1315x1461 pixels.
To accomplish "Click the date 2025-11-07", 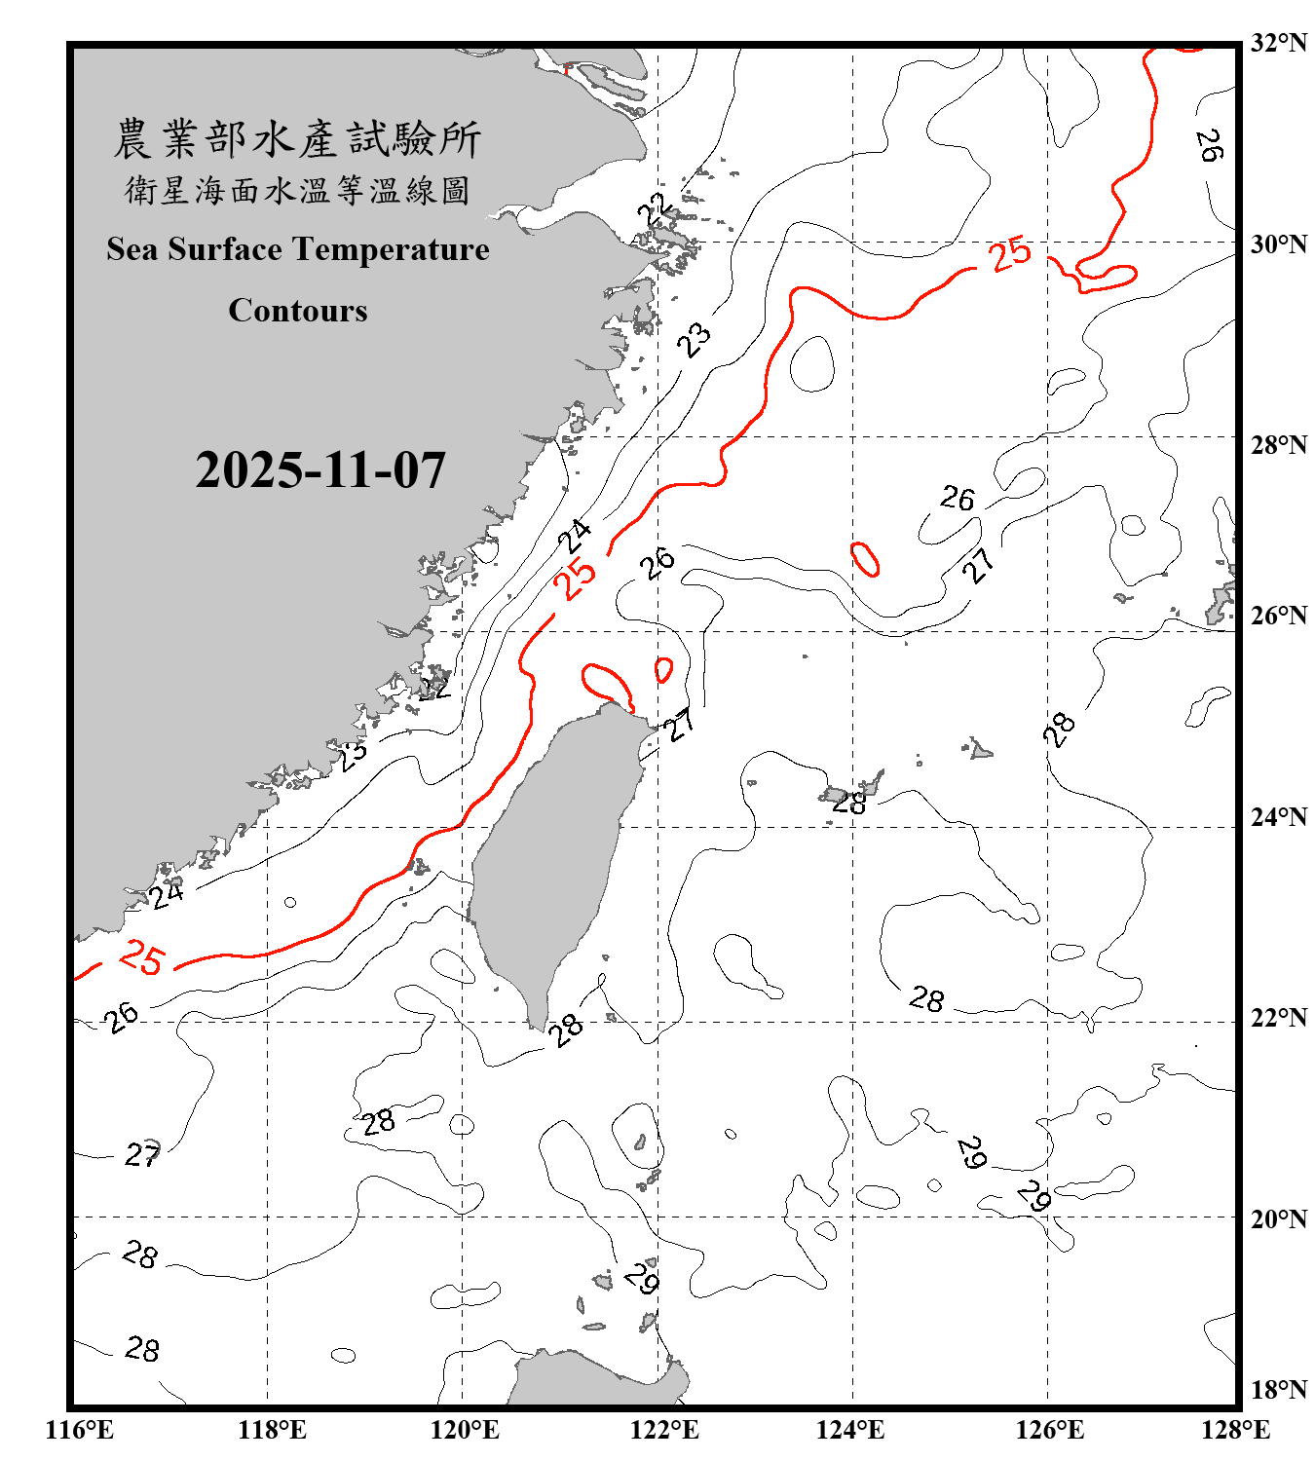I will point(320,470).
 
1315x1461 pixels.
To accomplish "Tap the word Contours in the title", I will point(298,311).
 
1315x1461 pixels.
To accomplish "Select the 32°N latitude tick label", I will point(1278,43).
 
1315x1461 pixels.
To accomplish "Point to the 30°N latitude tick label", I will point(1278,243).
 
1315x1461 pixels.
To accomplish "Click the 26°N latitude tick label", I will point(1278,616).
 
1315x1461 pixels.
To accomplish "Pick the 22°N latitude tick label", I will point(1278,1018).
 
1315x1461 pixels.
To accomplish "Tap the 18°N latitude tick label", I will point(1278,1390).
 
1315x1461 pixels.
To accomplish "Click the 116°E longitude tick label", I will point(80,1430).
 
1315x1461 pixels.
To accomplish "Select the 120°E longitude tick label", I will point(465,1430).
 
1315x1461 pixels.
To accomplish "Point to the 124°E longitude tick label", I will point(850,1430).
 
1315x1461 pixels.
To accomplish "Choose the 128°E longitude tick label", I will point(1235,1430).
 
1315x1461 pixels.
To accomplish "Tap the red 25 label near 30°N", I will point(1010,254).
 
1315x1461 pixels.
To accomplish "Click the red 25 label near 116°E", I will point(142,957).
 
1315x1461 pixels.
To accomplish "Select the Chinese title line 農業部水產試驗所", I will point(297,139).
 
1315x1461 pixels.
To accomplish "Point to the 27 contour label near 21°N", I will point(142,1155).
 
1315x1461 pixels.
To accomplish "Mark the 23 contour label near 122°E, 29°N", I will point(695,340).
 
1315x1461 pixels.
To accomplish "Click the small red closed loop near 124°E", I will point(865,559).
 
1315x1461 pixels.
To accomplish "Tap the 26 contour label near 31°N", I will point(1209,145).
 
